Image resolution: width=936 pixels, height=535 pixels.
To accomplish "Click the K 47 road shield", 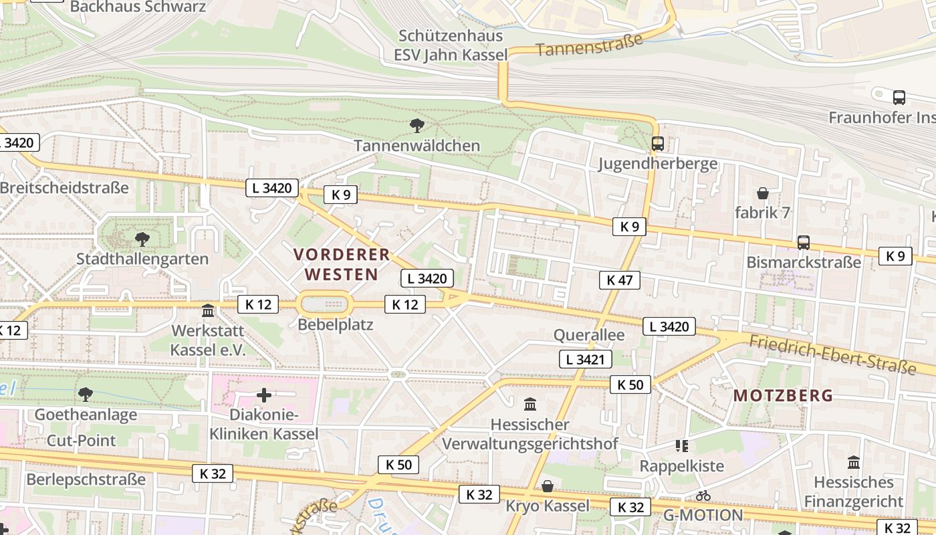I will coord(619,280).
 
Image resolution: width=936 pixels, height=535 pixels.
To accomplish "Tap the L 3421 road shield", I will coord(585,359).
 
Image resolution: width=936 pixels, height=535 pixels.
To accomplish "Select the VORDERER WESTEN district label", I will coord(342,264).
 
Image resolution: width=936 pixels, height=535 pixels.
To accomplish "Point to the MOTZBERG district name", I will coord(783,395).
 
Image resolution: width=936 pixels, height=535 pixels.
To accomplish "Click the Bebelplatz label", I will coord(336,325).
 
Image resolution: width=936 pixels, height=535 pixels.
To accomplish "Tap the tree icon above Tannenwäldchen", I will coord(417,125).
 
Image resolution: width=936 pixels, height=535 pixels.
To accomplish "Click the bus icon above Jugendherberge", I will coord(657,144).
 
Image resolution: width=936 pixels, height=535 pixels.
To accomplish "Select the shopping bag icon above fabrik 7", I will coord(762,194).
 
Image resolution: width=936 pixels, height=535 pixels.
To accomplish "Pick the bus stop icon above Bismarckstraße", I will coord(803,243).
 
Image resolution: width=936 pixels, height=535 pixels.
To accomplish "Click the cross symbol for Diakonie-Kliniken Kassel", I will coord(264,395).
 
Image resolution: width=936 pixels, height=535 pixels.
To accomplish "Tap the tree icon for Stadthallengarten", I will coord(142,239).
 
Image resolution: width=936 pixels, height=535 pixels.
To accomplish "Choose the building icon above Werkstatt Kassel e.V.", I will coord(208,311).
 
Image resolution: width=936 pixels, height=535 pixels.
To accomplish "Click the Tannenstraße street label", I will coord(589,45).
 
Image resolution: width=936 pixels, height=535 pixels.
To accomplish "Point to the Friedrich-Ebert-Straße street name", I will coord(832,355).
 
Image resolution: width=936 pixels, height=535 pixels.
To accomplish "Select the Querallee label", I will coord(589,334).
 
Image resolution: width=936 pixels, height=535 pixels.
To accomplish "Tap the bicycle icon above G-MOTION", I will coord(703,496).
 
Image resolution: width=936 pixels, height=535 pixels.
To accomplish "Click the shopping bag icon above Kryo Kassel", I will coord(548,486).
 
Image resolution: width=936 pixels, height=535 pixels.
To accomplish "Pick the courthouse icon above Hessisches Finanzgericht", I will coord(853,462).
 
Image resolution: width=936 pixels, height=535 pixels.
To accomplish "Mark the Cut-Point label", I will coord(81,440).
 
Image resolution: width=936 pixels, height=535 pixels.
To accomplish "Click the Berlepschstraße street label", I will coord(86,479).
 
